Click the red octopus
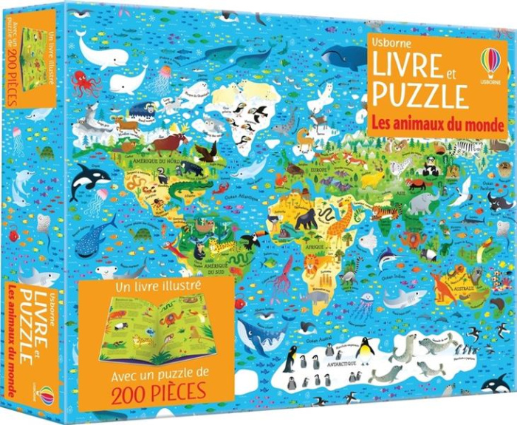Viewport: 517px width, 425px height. coord(87,82)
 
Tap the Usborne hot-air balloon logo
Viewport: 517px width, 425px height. coord(490,62)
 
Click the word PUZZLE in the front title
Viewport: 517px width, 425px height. coord(420,96)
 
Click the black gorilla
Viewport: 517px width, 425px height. coord(305,218)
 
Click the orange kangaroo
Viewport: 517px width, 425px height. coord(444,285)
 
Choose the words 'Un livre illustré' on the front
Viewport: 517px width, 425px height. coord(151,285)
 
